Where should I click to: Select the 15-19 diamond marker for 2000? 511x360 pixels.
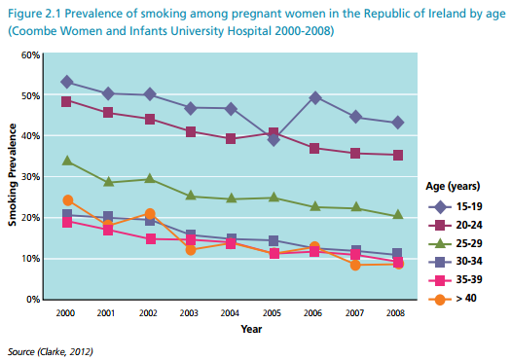tap(67, 82)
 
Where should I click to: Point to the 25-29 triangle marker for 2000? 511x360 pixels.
tap(67, 161)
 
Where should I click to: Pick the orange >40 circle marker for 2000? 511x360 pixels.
tap(67, 201)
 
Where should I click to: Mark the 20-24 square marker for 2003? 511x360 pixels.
tap(191, 131)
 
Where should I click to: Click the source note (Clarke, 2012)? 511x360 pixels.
tap(50, 349)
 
